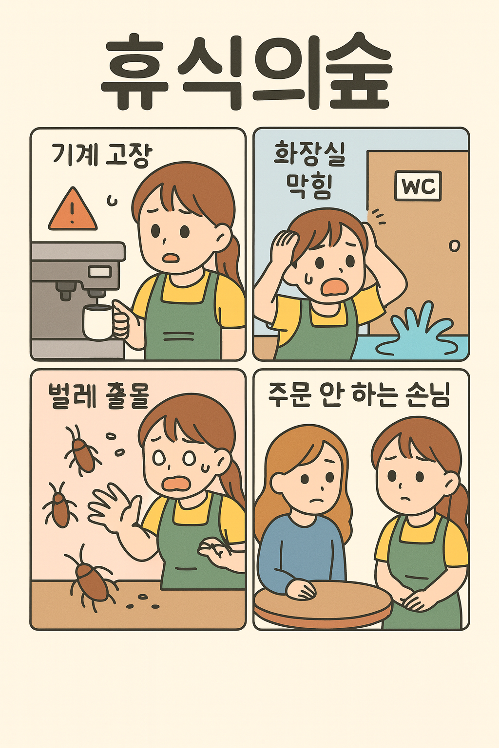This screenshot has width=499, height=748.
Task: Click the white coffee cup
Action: [x=98, y=322]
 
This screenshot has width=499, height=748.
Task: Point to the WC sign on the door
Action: [x=418, y=186]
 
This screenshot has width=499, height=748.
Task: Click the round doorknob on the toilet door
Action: [x=454, y=246]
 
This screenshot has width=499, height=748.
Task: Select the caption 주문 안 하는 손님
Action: [x=358, y=395]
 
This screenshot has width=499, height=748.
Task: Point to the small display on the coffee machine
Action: [x=99, y=271]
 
